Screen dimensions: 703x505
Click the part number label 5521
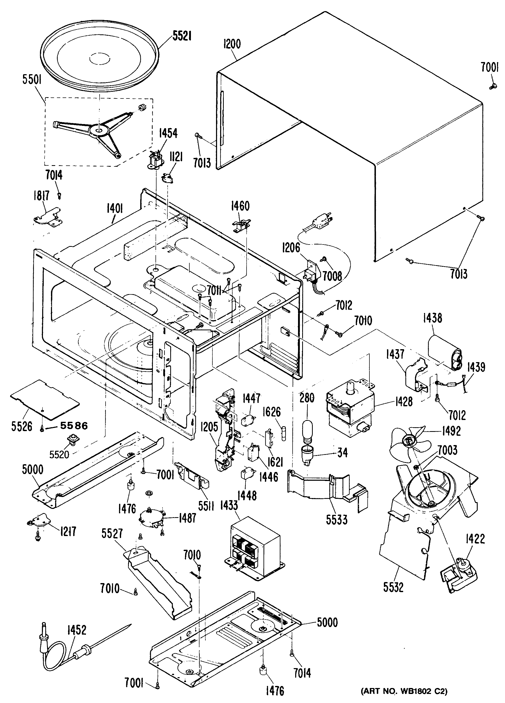point(182,37)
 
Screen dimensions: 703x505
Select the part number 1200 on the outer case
point(232,44)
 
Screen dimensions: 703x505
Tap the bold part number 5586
point(74,426)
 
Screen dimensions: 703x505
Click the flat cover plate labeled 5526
point(45,398)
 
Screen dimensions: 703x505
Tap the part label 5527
point(112,534)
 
